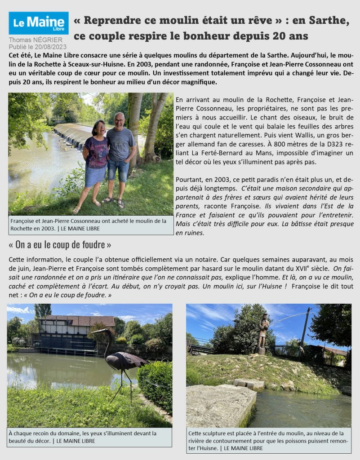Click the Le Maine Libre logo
click(38, 23)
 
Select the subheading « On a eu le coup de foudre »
click(60, 245)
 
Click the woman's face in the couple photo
click(99, 128)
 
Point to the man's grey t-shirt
click(120, 144)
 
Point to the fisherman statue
click(263, 332)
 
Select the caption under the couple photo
click(90, 224)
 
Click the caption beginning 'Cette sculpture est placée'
click(268, 440)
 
